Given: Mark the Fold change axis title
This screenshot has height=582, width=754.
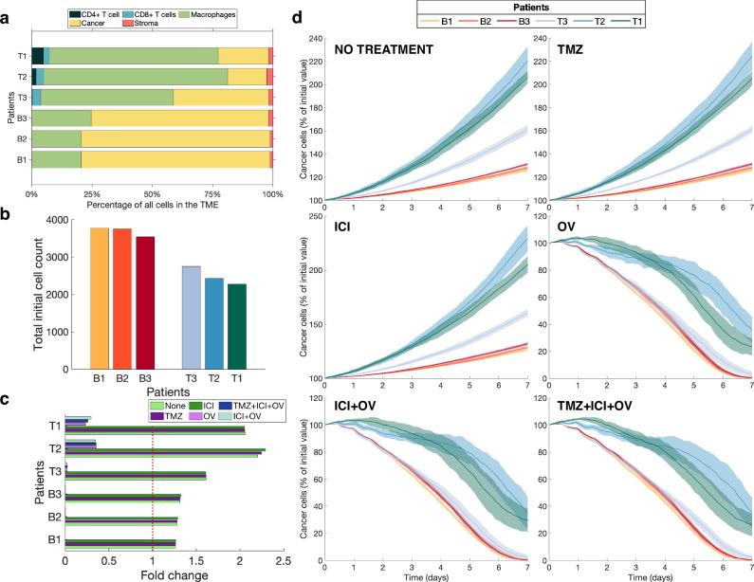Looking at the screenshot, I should pyautogui.click(x=153, y=575).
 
